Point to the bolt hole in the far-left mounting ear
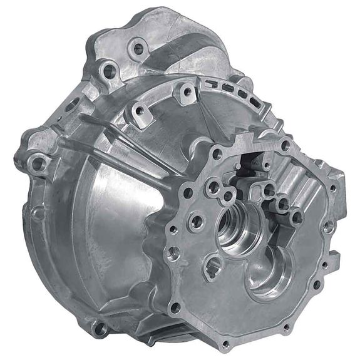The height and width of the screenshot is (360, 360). point(37,164)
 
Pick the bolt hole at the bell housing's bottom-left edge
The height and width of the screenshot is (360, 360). point(98,326)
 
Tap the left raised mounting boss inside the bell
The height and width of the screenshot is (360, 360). point(139,111)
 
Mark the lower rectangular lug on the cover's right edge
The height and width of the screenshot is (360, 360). point(335,257)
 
